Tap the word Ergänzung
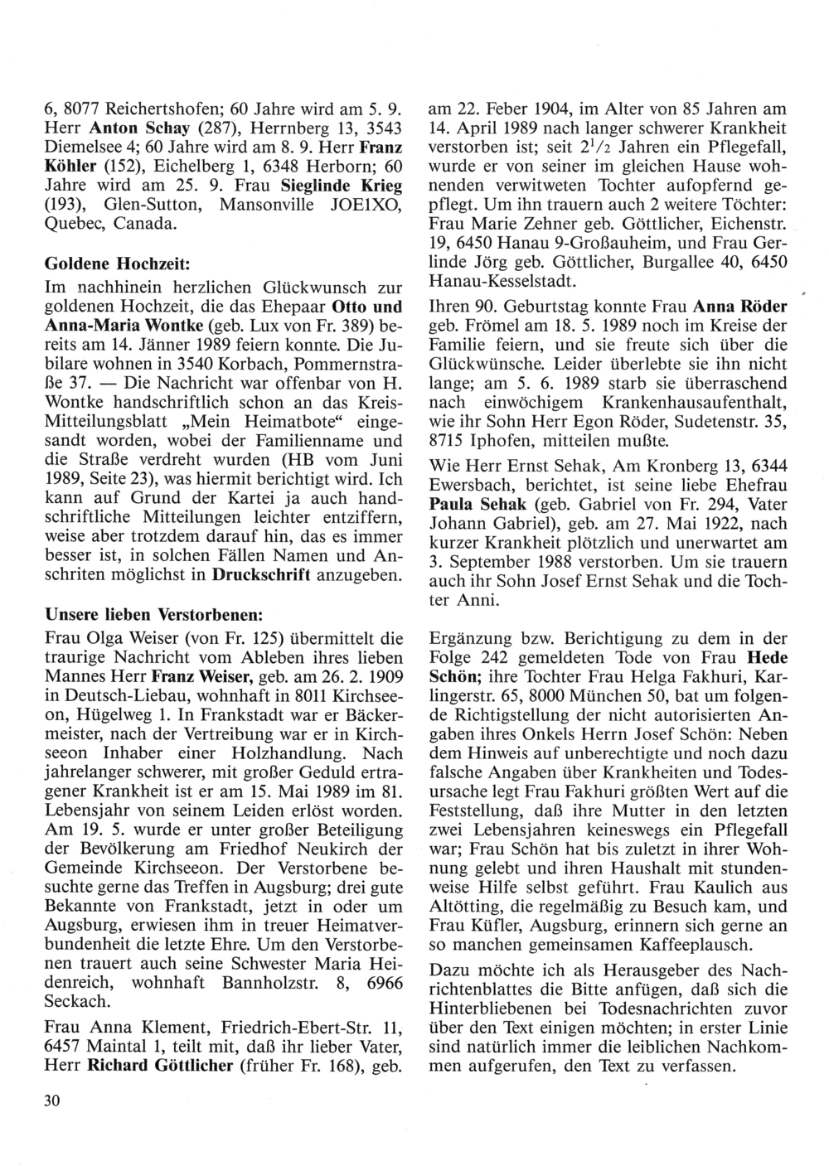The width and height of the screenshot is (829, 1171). tap(470, 638)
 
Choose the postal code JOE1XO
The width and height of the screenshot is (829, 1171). tap(364, 202)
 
